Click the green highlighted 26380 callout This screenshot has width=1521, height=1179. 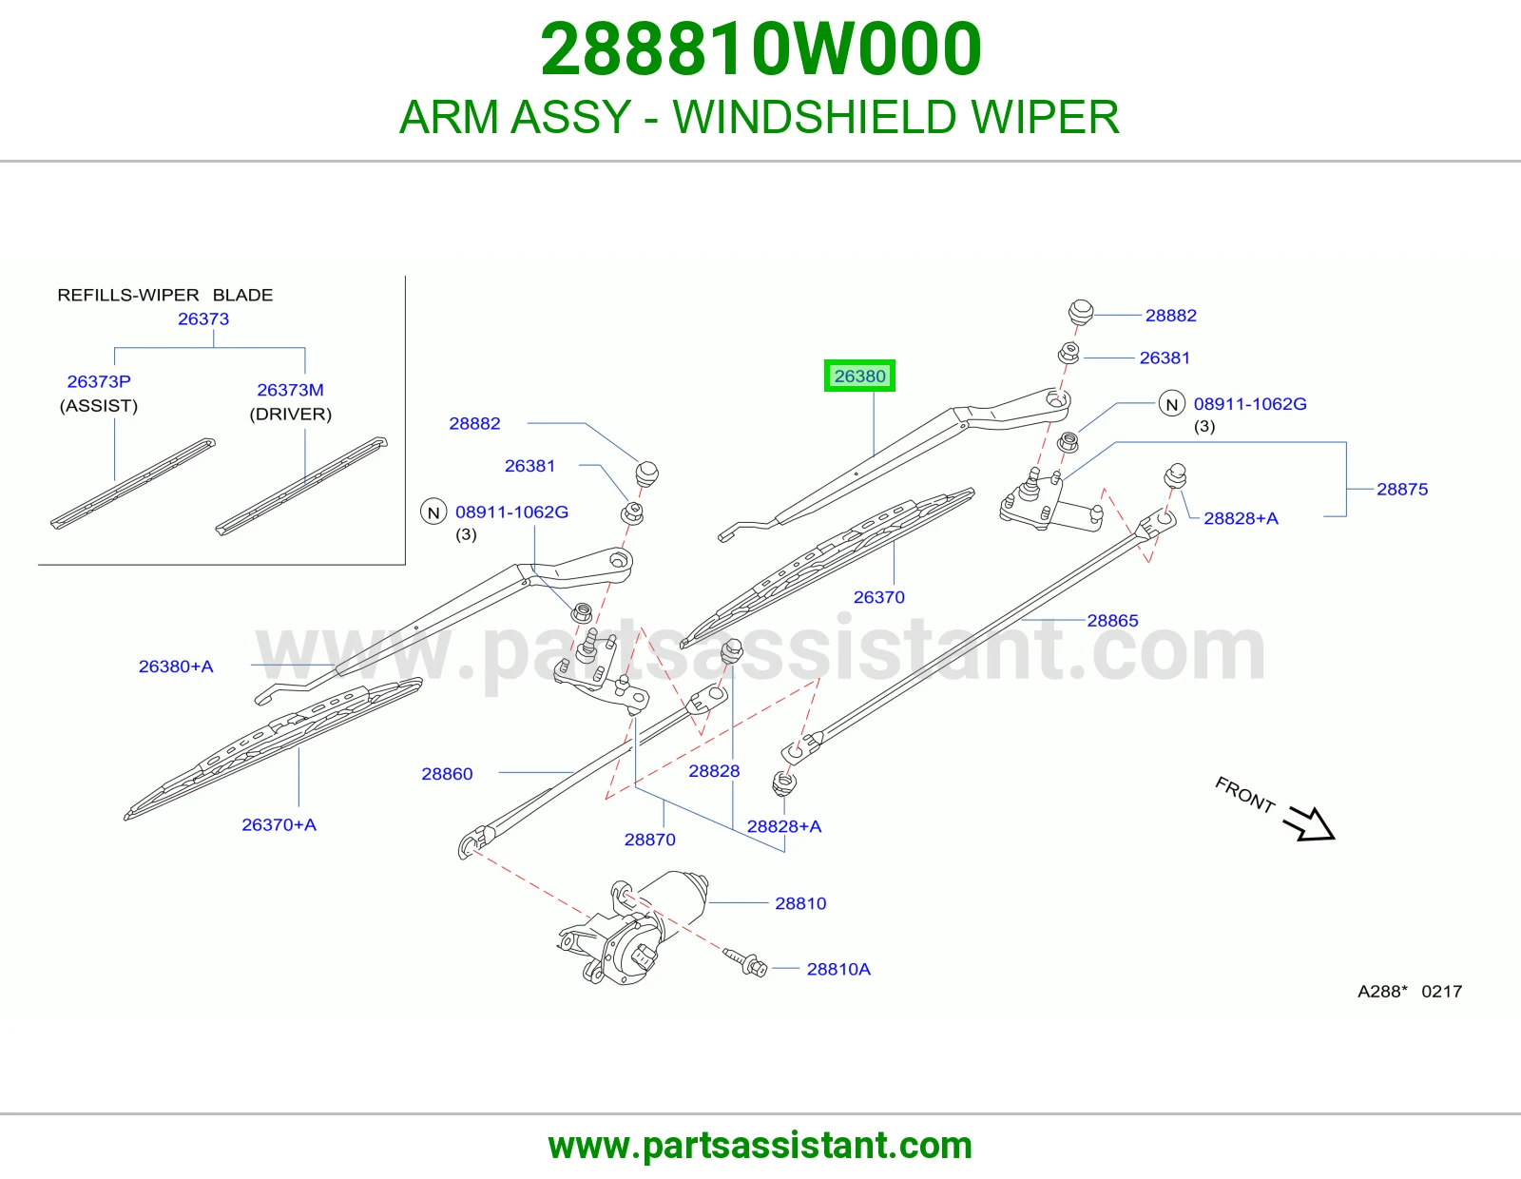tap(859, 376)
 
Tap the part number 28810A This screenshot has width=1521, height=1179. tap(838, 969)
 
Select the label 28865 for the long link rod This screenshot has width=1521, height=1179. tap(1112, 620)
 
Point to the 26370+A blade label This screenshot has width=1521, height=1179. tap(279, 824)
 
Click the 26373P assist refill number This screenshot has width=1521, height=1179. tap(99, 381)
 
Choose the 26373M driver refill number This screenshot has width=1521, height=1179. tap(291, 390)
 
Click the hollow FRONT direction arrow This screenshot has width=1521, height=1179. tap(1310, 824)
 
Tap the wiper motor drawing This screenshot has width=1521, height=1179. tap(633, 925)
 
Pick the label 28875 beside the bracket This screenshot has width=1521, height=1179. tap(1402, 490)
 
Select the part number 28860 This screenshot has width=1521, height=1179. tap(448, 774)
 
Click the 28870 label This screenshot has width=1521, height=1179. tap(650, 840)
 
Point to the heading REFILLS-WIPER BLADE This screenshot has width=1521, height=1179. tap(165, 295)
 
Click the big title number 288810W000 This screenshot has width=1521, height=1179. tap(760, 48)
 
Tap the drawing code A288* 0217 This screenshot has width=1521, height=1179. tap(1410, 992)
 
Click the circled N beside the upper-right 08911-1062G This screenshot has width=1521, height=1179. tap(1172, 404)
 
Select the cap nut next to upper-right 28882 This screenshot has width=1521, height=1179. tap(1081, 312)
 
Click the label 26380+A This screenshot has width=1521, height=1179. tap(176, 667)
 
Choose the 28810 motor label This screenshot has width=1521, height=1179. tap(800, 903)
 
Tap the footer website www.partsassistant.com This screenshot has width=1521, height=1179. tap(760, 1146)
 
